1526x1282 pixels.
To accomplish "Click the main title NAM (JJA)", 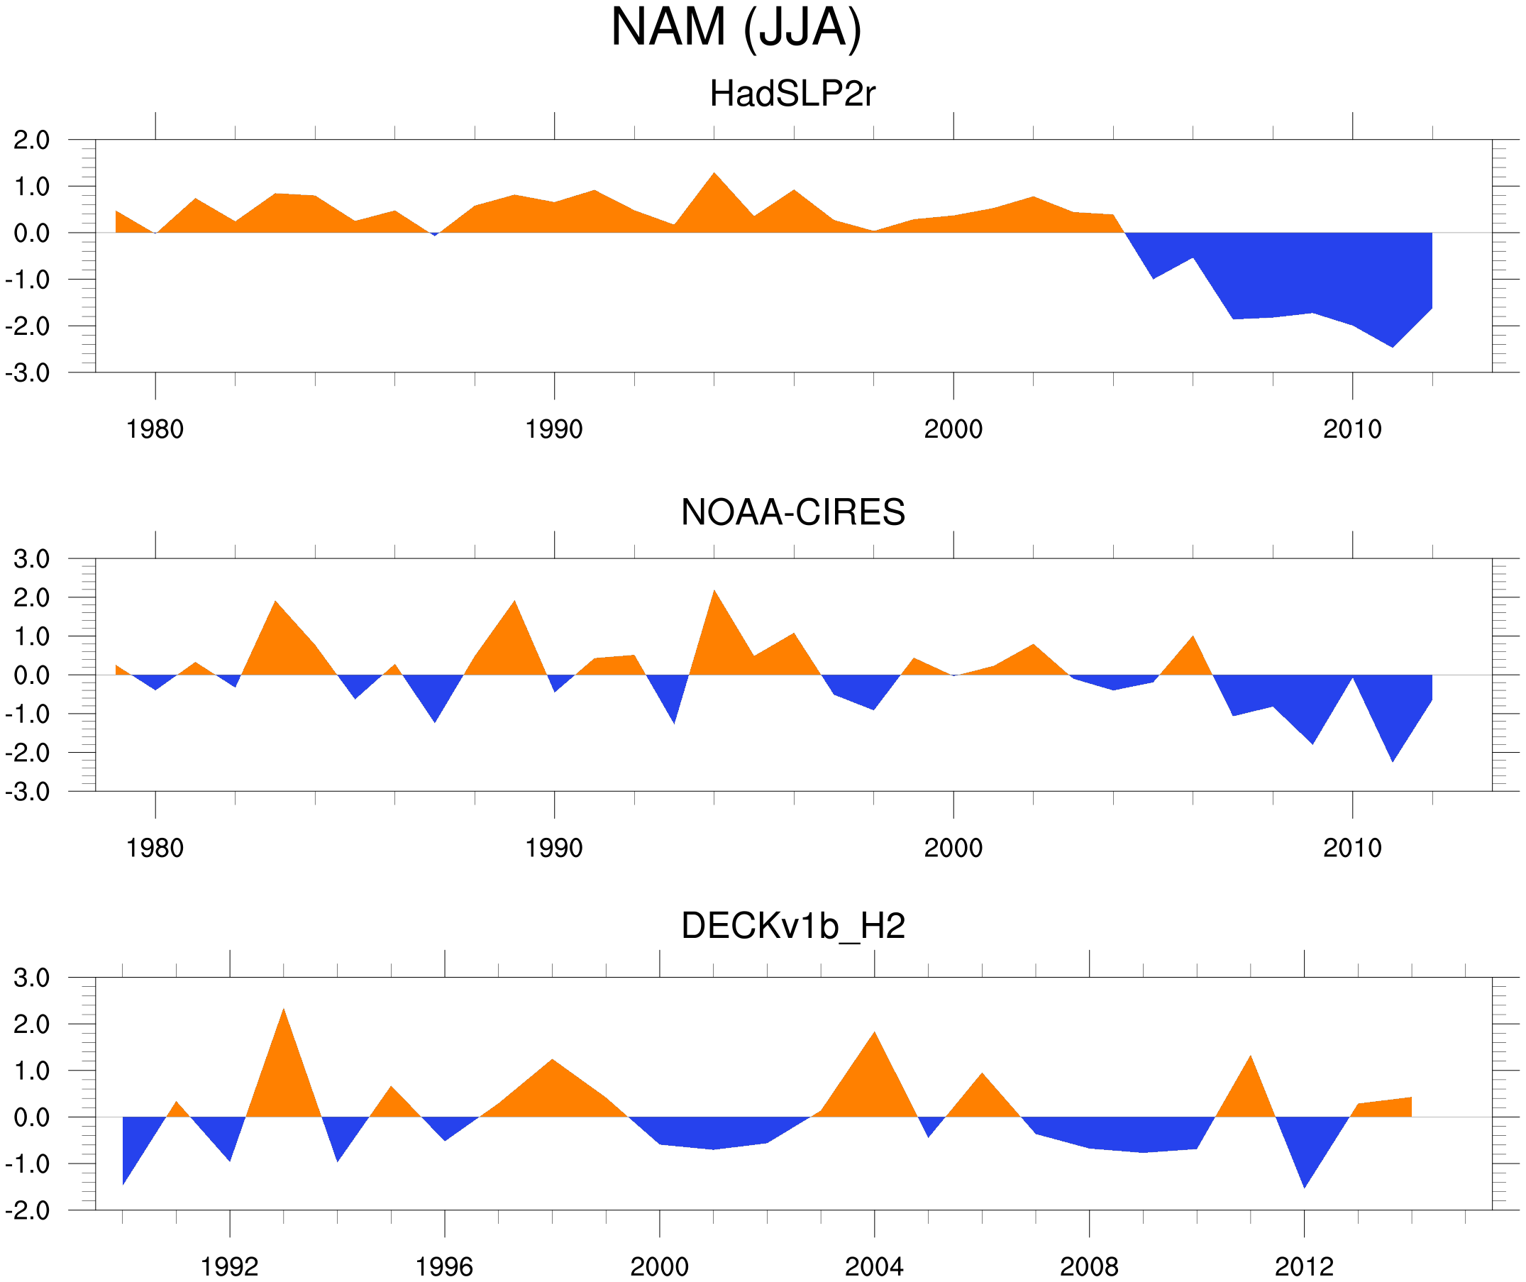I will [736, 28].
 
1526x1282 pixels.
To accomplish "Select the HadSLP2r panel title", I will [792, 94].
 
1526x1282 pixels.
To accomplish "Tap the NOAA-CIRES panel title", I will [792, 512].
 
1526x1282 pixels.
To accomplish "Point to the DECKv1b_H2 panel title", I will [792, 927].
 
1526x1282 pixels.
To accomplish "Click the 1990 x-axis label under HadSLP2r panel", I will [554, 429].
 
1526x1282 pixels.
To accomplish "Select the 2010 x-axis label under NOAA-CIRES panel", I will [1351, 848].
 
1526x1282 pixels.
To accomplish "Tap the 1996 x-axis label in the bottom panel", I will [444, 1266].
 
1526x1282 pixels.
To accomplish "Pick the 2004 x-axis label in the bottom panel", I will [873, 1266].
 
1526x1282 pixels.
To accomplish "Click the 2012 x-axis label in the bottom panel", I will [1304, 1266].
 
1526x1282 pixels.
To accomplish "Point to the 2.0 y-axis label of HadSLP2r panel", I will [31, 140].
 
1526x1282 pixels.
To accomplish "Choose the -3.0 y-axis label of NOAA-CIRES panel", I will [28, 792].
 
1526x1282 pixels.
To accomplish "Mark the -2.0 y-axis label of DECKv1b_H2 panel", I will [28, 1211].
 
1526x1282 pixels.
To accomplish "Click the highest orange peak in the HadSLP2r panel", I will [714, 175].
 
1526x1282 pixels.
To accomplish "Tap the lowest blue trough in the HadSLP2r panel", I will [1392, 346].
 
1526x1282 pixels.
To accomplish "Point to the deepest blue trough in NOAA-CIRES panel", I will [1392, 758].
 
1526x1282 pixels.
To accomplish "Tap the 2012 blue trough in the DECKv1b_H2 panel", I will [1305, 1185].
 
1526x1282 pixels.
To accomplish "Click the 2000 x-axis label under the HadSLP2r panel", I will [953, 429].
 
